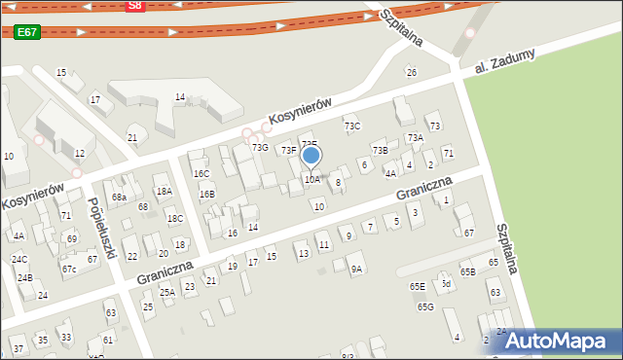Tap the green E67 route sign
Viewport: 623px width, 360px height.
pyautogui.click(x=26, y=32)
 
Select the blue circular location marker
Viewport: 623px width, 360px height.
pyautogui.click(x=311, y=156)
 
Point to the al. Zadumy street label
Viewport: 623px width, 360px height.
pyautogui.click(x=505, y=62)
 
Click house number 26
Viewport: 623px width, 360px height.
pyautogui.click(x=411, y=72)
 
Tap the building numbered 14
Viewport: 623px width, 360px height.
pyautogui.click(x=180, y=96)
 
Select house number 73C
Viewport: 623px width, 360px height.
pyautogui.click(x=352, y=126)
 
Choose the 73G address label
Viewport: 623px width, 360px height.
pyautogui.click(x=260, y=147)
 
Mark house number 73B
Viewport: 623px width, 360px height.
pyautogui.click(x=380, y=150)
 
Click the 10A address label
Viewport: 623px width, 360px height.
pyautogui.click(x=311, y=179)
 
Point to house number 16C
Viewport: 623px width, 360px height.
pyautogui.click(x=202, y=173)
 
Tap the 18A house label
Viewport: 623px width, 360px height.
pyautogui.click(x=164, y=191)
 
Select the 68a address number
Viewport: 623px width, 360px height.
pyautogui.click(x=119, y=198)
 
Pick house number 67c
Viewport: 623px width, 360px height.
pyautogui.click(x=69, y=269)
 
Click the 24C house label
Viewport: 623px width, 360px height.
pyautogui.click(x=19, y=259)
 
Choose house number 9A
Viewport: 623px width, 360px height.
pyautogui.click(x=356, y=269)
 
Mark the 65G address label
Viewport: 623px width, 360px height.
pyautogui.click(x=425, y=307)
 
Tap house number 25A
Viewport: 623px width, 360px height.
pyautogui.click(x=167, y=292)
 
